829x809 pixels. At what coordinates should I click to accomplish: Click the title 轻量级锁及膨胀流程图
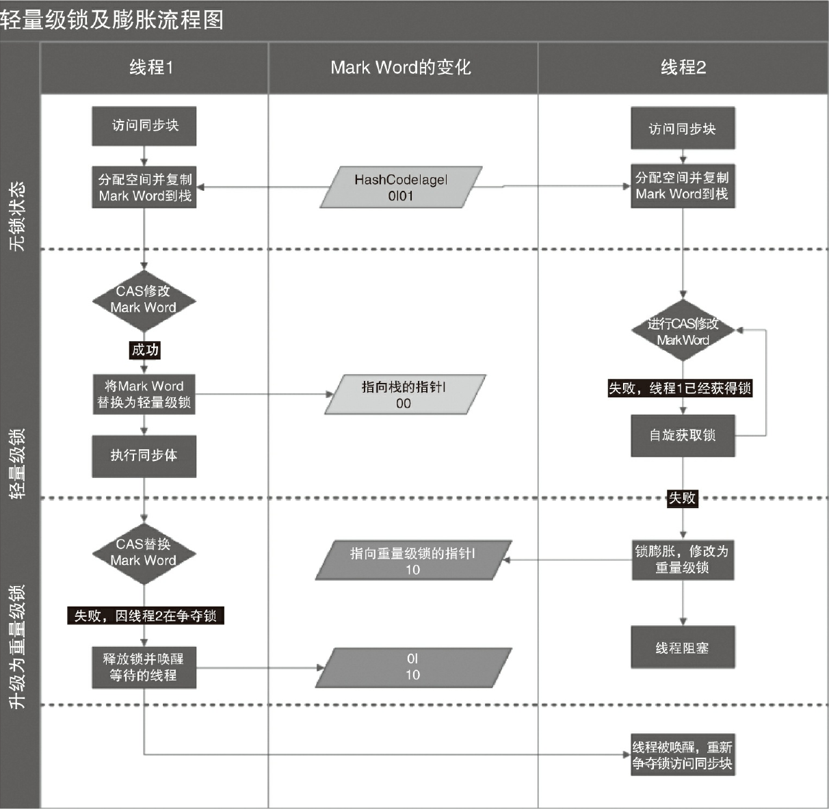(112, 20)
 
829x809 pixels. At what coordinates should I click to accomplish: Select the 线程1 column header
(152, 67)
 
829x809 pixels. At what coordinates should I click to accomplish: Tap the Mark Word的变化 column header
(401, 67)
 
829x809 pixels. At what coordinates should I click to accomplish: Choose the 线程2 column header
(683, 67)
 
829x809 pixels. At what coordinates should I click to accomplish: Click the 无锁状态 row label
(18, 216)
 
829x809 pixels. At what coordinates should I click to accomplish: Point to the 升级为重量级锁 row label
(18, 646)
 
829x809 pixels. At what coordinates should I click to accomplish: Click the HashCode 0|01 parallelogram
(401, 187)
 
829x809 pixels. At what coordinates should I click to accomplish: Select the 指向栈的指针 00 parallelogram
(404, 395)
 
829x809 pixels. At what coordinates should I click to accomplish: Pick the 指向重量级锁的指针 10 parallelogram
(412, 561)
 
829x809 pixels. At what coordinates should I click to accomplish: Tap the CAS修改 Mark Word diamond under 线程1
(144, 300)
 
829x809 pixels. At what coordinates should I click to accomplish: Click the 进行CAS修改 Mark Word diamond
(683, 331)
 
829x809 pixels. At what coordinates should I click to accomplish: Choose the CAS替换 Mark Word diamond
(144, 553)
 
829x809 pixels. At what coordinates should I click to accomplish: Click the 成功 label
(145, 350)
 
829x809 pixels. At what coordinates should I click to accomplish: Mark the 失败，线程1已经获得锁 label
(680, 388)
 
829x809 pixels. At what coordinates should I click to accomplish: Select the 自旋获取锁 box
(683, 436)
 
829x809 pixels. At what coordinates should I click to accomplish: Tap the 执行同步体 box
(144, 455)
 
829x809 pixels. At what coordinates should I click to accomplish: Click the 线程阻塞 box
(683, 648)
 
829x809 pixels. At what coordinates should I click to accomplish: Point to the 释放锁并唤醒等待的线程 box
(144, 667)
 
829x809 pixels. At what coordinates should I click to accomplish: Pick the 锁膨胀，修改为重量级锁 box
(683, 559)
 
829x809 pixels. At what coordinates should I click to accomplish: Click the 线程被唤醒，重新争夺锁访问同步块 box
(683, 755)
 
